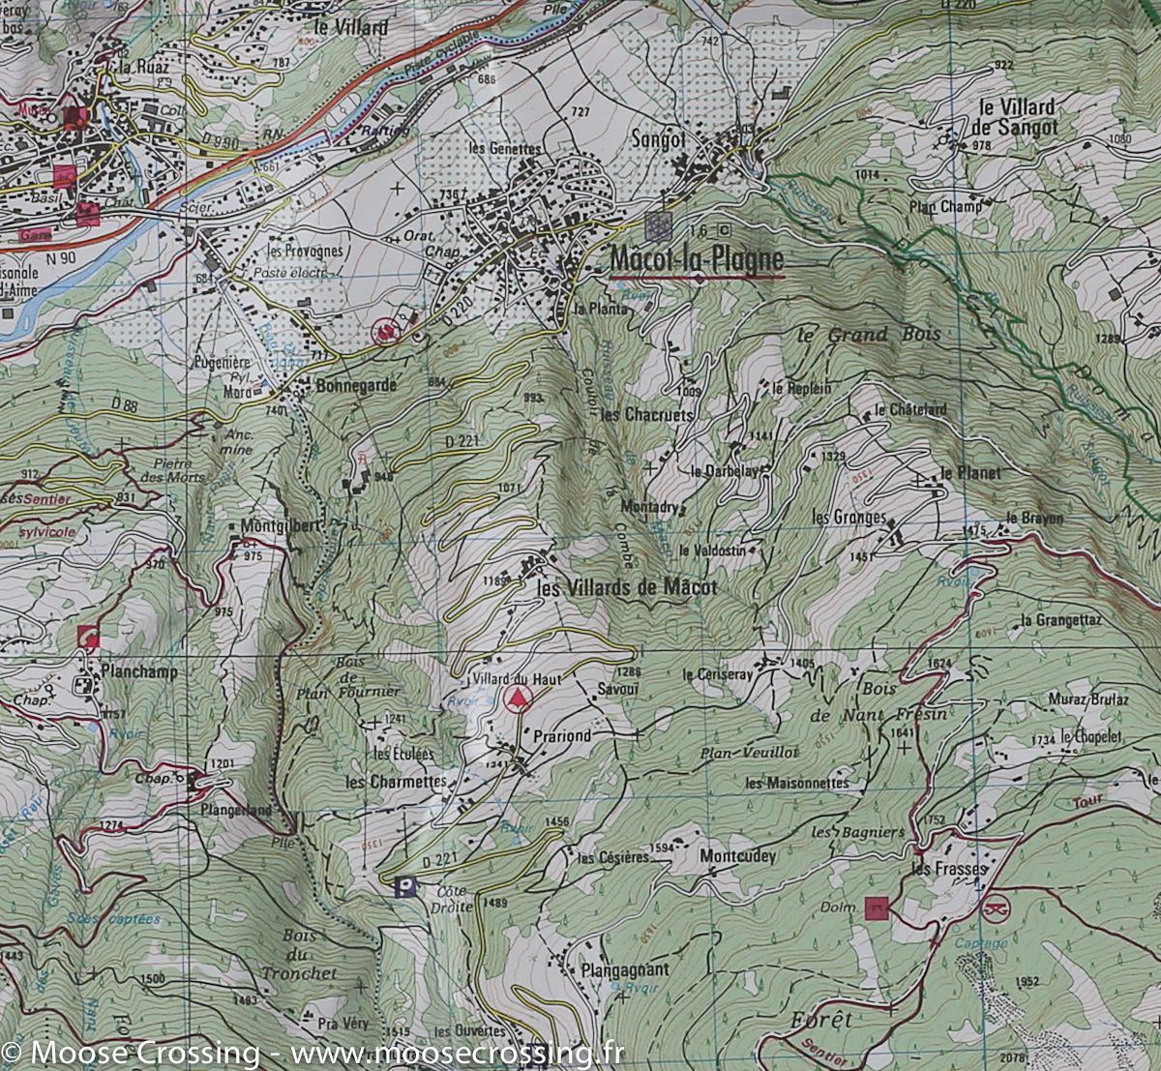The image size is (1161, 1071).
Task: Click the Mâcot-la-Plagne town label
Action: click(697, 260)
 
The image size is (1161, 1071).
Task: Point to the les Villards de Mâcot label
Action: click(627, 587)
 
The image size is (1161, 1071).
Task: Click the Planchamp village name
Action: click(135, 671)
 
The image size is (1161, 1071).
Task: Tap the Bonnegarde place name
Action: click(356, 385)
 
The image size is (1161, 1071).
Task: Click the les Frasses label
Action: click(948, 869)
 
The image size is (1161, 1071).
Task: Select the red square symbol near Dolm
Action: click(877, 907)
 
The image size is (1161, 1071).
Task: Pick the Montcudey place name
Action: click(737, 856)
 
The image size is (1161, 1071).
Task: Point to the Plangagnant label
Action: click(625, 968)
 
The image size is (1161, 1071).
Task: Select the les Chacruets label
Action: click(646, 414)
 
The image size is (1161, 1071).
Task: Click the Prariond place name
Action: click(561, 735)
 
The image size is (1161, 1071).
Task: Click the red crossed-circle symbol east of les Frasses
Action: click(995, 908)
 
